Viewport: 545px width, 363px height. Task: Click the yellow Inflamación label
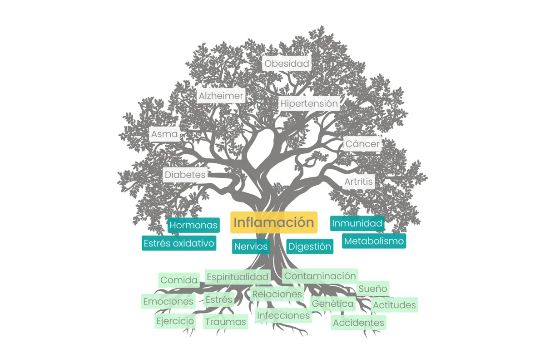pos(273,222)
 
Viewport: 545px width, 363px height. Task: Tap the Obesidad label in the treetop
pos(287,64)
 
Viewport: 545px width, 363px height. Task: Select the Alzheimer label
pos(221,96)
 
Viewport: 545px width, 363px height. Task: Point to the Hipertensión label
pos(309,103)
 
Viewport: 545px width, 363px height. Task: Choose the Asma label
pos(164,134)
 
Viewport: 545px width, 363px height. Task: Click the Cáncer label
pos(362,144)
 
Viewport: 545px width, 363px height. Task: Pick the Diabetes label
pos(185,175)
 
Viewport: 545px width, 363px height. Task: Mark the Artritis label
pos(358,182)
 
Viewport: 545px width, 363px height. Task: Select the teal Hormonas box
pos(194,225)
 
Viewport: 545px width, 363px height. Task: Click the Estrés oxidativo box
pos(178,243)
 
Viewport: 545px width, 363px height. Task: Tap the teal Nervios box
pos(251,247)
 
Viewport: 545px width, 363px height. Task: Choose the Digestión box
pos(310,247)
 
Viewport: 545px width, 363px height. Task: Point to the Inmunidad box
pos(357,223)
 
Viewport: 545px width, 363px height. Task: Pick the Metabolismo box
pos(374,241)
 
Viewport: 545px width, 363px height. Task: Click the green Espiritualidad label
pos(238,276)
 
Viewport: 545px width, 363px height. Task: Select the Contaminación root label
pos(320,275)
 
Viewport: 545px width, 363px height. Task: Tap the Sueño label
pos(373,289)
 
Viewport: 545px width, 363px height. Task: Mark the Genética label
pos(333,304)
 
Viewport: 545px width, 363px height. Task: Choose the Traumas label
pos(225,322)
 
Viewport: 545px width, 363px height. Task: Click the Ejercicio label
pos(175,321)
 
